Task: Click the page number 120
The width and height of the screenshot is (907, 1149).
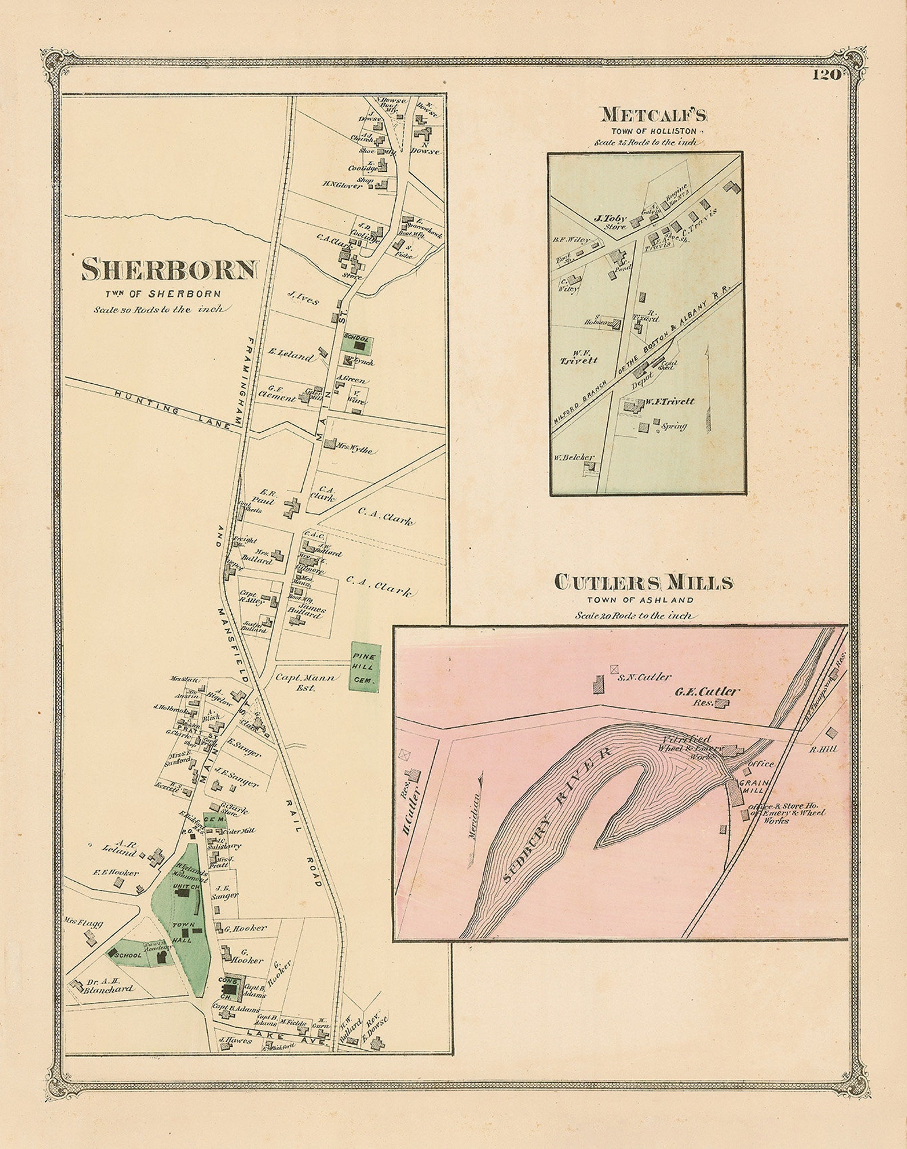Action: (827, 75)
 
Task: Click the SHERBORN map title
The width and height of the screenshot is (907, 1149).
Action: (170, 270)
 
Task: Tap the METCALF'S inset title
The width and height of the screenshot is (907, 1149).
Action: (653, 115)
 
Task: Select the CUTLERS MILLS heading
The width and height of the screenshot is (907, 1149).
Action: (644, 582)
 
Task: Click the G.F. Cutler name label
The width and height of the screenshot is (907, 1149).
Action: (707, 692)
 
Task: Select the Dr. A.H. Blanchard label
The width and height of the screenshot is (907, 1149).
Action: (109, 987)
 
